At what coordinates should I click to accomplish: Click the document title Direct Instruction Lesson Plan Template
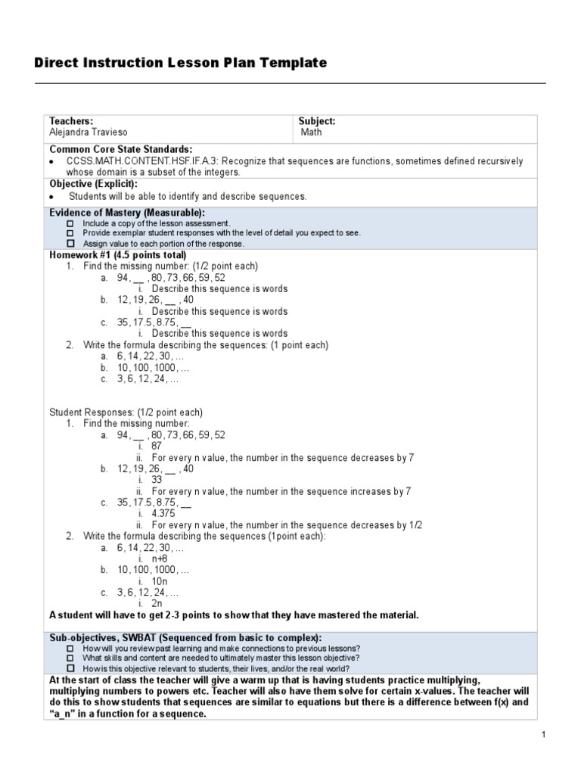click(x=181, y=63)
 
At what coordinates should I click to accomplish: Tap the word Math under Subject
click(x=311, y=132)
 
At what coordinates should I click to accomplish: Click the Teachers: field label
click(x=71, y=121)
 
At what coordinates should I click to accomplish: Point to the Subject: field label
click(x=317, y=121)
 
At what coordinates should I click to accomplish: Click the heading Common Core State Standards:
click(x=121, y=149)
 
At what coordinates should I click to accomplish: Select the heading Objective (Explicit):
click(x=94, y=184)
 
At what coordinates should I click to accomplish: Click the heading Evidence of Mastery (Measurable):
click(x=127, y=213)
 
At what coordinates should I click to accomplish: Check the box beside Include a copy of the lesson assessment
click(x=70, y=224)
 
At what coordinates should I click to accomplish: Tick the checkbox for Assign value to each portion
click(x=70, y=244)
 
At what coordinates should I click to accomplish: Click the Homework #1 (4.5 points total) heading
click(x=117, y=255)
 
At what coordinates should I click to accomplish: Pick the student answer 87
click(x=157, y=447)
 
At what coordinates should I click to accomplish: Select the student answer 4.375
click(x=163, y=513)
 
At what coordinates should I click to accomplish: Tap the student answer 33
click(x=157, y=480)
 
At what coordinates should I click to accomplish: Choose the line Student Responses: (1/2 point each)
click(x=126, y=412)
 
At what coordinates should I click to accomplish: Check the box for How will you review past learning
click(x=70, y=649)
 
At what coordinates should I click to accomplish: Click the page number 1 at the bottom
click(x=543, y=734)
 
